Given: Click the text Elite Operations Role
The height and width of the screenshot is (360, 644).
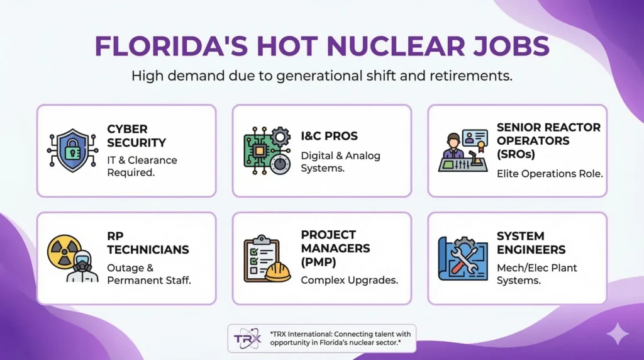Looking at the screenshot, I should click(550, 174).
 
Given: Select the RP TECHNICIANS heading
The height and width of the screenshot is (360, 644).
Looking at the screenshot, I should click(148, 242).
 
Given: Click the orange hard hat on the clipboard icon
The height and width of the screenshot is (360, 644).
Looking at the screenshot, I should click(277, 272).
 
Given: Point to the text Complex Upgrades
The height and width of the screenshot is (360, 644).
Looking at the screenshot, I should click(349, 279).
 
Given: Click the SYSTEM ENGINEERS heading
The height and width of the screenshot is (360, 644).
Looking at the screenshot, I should click(531, 242).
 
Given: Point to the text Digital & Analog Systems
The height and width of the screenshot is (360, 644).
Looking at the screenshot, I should click(340, 162).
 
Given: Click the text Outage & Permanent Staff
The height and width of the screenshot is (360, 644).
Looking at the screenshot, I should click(149, 273).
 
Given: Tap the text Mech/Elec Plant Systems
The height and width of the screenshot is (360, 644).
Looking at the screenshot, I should click(536, 274).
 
